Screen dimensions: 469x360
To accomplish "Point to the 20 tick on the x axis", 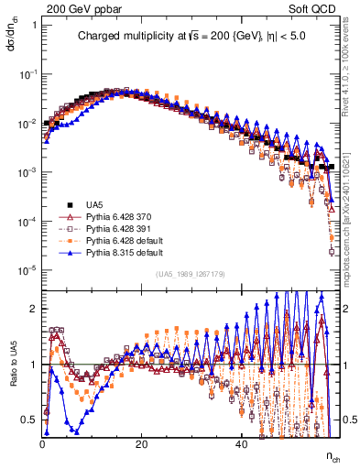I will [x=141, y=443].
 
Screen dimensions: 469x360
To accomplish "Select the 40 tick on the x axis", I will [x=240, y=443].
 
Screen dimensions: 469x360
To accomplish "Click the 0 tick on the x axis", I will [x=43, y=443].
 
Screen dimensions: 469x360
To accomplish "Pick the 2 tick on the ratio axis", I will [x=34, y=308].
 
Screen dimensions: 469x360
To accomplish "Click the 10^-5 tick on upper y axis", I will [x=27, y=269].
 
